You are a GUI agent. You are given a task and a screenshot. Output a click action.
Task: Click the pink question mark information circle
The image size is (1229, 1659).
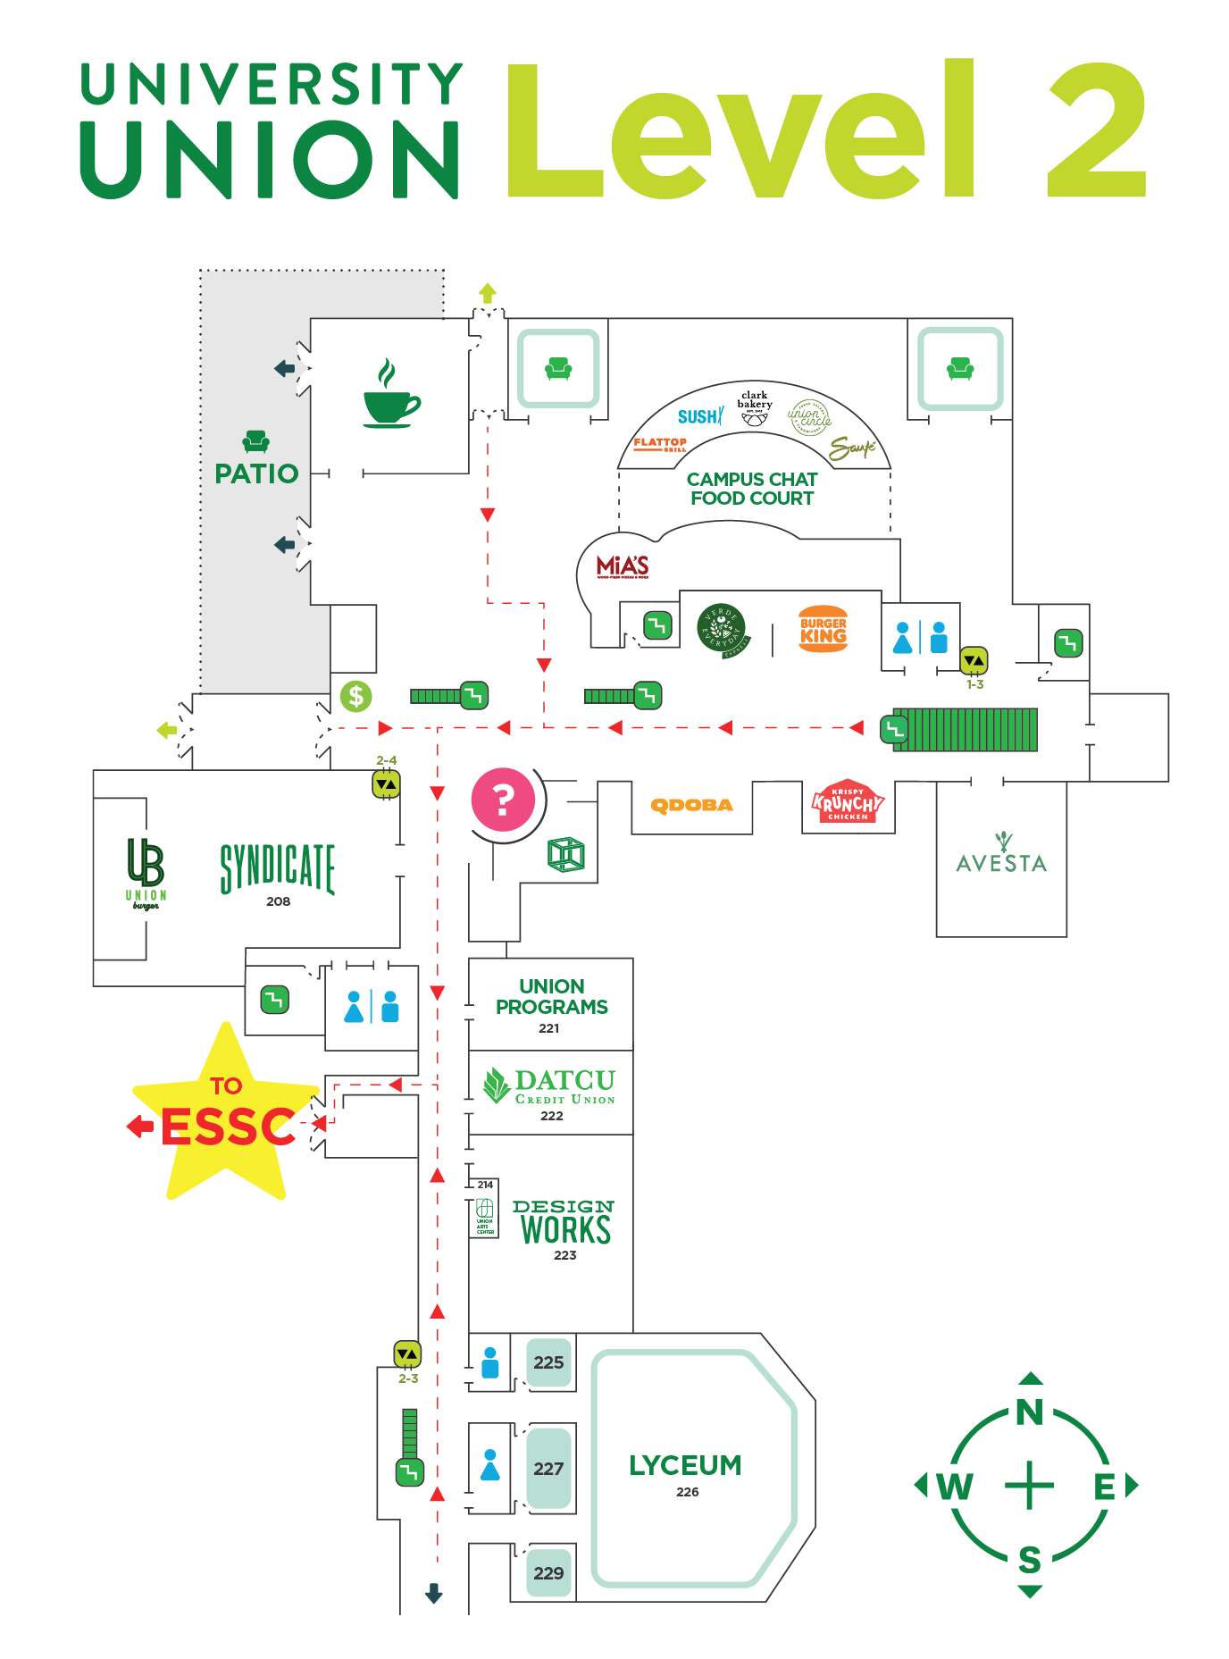pyautogui.click(x=503, y=800)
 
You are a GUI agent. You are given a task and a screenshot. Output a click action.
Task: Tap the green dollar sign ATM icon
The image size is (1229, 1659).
pyautogui.click(x=356, y=695)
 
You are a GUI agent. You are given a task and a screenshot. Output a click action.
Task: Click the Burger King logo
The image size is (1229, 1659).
pyautogui.click(x=823, y=630)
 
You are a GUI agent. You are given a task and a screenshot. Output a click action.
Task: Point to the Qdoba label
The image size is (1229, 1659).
pyautogui.click(x=692, y=805)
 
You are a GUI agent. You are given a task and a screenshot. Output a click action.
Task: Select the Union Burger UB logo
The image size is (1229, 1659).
pyautogui.click(x=146, y=872)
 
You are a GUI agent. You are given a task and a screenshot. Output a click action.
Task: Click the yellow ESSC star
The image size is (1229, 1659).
pyautogui.click(x=226, y=1117)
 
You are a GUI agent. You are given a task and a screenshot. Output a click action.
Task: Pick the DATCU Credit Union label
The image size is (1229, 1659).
pyautogui.click(x=551, y=1090)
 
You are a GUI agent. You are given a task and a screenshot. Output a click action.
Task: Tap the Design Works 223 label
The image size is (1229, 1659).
pyautogui.click(x=564, y=1227)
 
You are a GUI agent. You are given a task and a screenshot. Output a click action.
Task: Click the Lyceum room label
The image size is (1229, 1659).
pyautogui.click(x=685, y=1468)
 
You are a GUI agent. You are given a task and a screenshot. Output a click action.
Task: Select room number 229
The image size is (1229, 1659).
pyautogui.click(x=548, y=1573)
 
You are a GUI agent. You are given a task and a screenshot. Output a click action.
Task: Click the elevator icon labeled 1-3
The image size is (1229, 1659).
pyautogui.click(x=974, y=660)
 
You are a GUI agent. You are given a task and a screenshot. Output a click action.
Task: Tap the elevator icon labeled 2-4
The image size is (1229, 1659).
pyautogui.click(x=386, y=783)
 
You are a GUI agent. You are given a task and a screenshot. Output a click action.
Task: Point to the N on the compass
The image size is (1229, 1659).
pyautogui.click(x=1030, y=1412)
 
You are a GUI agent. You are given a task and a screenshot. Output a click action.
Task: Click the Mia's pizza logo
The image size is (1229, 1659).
pyautogui.click(x=623, y=566)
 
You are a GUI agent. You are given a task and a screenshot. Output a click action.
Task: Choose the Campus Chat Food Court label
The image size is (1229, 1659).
pyautogui.click(x=752, y=489)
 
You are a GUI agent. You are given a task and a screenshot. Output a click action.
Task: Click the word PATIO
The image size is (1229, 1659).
pyautogui.click(x=256, y=473)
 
